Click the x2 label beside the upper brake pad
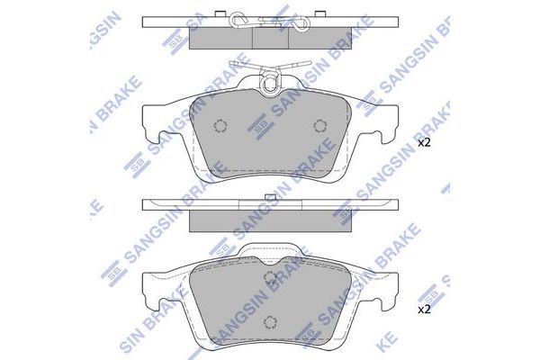tap(425, 142)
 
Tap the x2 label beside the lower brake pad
tap(425, 310)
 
